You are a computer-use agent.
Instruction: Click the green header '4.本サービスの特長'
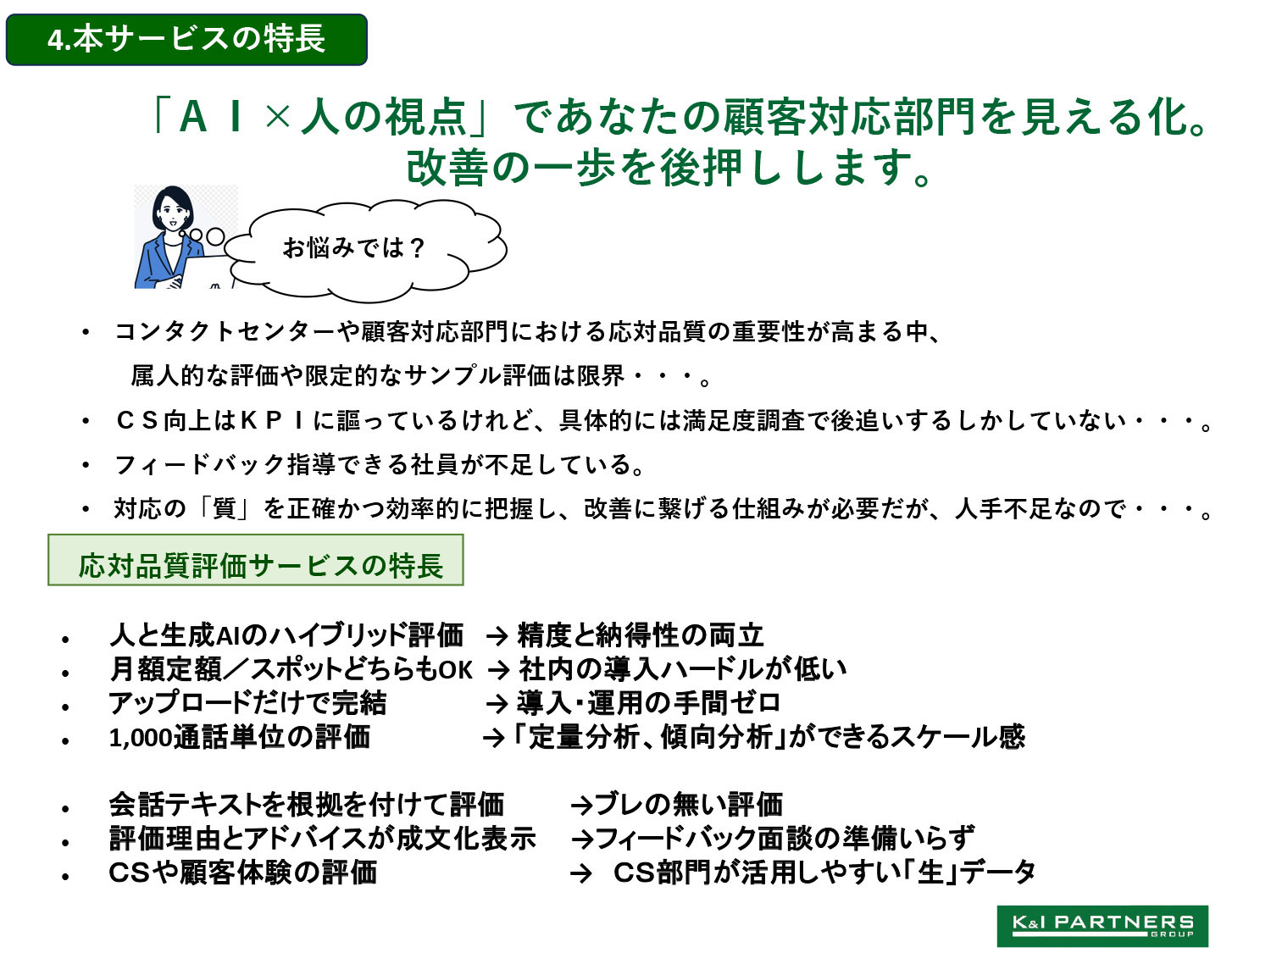(x=186, y=39)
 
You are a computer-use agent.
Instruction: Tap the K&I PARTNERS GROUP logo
(x=1102, y=925)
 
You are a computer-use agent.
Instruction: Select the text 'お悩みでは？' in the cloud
(x=354, y=247)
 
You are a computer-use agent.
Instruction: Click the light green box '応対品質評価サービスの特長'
(x=255, y=560)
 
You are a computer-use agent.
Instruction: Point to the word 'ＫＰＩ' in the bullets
(x=273, y=421)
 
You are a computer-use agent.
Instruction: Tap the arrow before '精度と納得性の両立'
(x=497, y=636)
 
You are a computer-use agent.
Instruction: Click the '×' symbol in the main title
(x=277, y=117)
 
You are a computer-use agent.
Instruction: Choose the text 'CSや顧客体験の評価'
(x=242, y=873)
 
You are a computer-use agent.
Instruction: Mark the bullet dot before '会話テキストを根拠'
(x=65, y=809)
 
